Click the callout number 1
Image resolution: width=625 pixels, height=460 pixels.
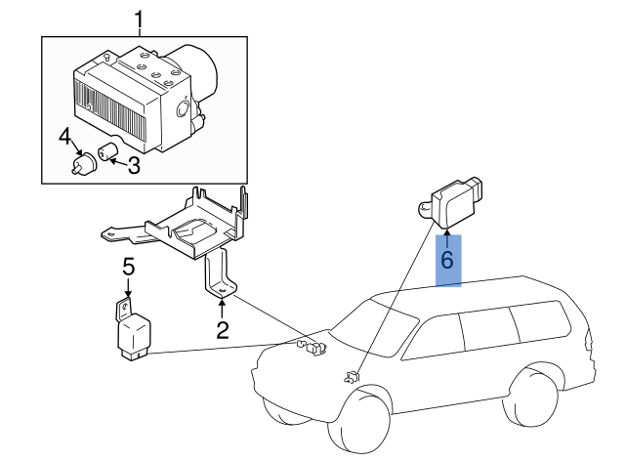139,19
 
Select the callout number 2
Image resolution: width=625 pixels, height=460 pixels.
223,329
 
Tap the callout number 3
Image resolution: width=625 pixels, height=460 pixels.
134,166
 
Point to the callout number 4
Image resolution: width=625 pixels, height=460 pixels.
63,136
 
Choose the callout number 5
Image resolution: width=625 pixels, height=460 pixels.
128,266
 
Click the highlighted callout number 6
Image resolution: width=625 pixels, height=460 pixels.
447,261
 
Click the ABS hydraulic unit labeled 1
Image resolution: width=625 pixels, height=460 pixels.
142,98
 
